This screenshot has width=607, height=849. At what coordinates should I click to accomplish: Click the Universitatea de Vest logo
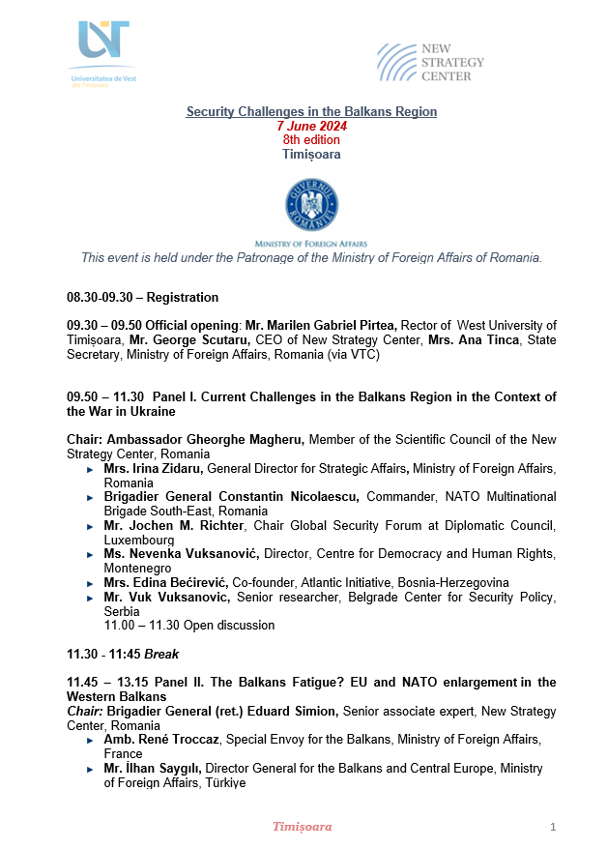[103, 53]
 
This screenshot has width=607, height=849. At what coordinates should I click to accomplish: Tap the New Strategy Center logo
[430, 62]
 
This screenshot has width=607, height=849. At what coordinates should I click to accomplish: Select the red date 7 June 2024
[311, 127]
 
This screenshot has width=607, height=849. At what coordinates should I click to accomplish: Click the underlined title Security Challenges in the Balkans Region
[311, 112]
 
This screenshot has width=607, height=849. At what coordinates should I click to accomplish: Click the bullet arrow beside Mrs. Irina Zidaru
[91, 468]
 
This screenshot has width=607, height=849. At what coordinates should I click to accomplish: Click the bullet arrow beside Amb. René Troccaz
[91, 740]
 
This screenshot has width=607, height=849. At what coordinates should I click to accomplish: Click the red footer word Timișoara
[303, 827]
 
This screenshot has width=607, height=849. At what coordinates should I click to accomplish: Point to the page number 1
[553, 827]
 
